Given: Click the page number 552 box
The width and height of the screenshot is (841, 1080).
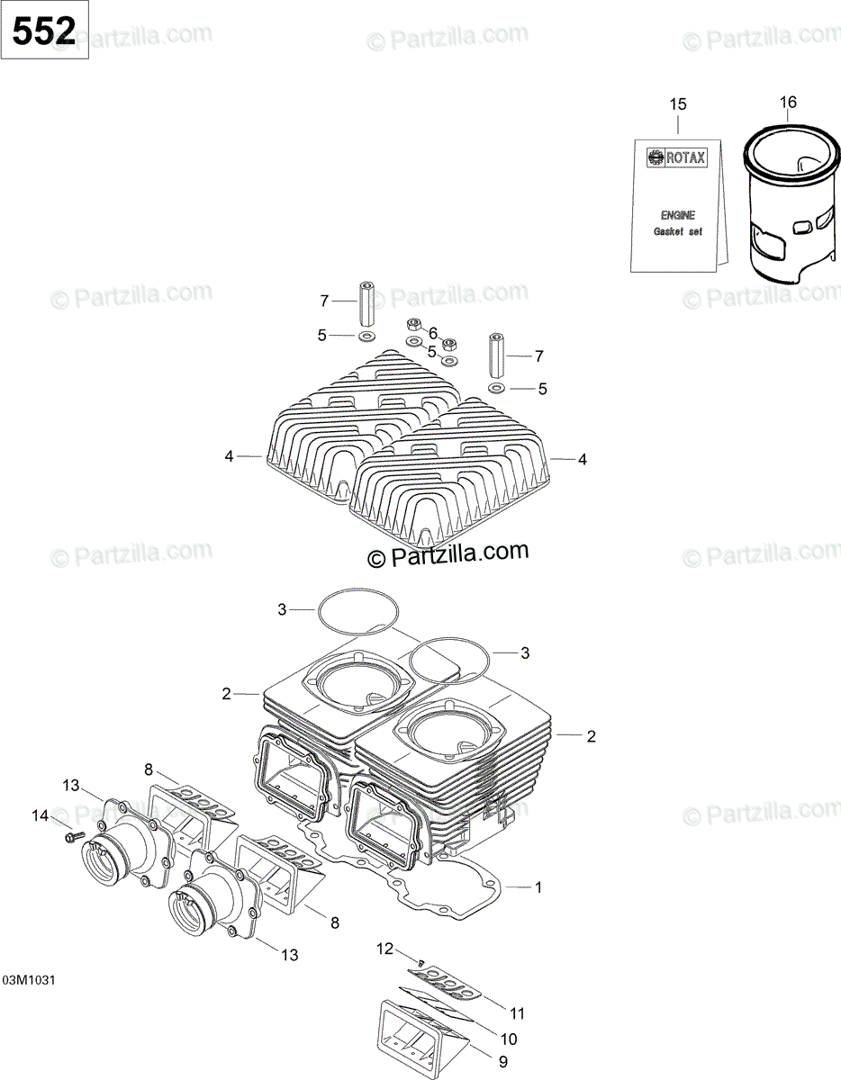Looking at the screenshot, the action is pos(44,31).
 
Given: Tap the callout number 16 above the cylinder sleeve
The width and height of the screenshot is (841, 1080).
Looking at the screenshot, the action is pos(788,103).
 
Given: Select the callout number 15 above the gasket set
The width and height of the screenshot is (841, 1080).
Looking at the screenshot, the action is pos(677,104).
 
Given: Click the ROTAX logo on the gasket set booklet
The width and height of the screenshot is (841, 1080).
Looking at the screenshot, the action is pos(677,157).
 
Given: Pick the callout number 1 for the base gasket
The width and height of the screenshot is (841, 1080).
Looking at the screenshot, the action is pos(538,887).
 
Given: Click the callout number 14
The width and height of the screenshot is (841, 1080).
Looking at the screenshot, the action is pos(40,816).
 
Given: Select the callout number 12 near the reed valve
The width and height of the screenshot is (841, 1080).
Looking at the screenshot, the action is pos(385,948).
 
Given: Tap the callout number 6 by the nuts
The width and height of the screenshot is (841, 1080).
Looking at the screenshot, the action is pos(432,332).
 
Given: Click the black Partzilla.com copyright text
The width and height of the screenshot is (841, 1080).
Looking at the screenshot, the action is pos(448,555).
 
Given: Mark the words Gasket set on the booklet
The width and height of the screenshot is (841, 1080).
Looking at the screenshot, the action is pos(677,232).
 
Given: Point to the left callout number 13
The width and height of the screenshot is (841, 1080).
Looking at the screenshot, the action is pos(71,785).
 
